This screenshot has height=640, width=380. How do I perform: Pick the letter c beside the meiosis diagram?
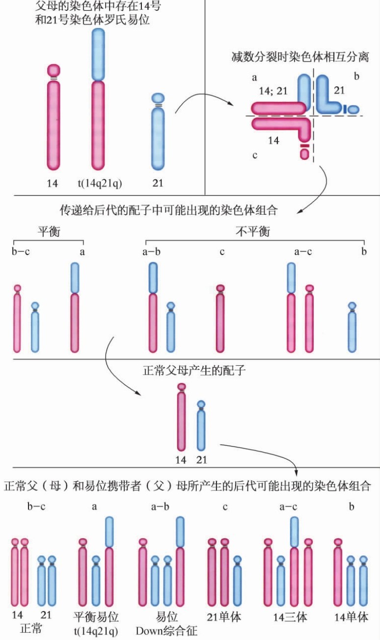point(255,155)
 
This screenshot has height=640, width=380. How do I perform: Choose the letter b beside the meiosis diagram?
point(356,76)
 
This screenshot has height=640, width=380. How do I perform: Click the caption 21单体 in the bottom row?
point(225,616)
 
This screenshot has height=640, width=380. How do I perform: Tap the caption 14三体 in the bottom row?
point(290,617)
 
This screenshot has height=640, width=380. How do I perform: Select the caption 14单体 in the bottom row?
point(351,616)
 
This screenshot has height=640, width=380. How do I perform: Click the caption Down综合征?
point(166,630)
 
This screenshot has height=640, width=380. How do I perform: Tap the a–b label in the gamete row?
point(151,252)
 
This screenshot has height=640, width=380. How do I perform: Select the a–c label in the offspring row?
point(289,507)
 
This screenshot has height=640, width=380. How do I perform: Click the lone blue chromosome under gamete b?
point(352,329)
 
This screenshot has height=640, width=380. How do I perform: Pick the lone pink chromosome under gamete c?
point(220,319)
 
